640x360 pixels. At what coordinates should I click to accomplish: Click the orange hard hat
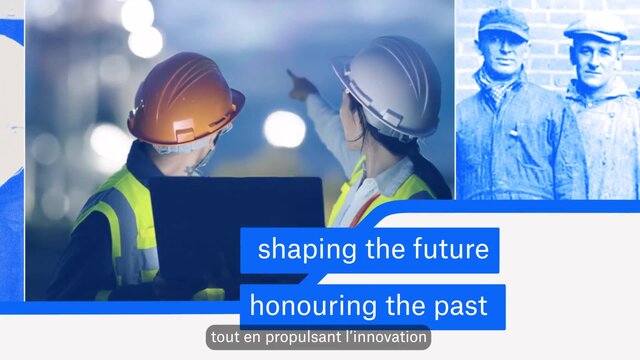[186, 100]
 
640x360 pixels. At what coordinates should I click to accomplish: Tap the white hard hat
[388, 86]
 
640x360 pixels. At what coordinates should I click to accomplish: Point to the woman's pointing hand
[301, 86]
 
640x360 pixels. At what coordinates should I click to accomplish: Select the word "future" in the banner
[451, 249]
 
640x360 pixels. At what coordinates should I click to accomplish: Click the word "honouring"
[313, 306]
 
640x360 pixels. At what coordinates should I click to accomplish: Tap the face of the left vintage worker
[502, 52]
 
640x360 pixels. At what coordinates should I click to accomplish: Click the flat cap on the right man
[596, 29]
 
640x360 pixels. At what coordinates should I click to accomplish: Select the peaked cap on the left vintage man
[504, 23]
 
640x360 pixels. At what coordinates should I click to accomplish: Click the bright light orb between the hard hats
[284, 129]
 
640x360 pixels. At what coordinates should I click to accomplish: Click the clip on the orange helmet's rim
[184, 131]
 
